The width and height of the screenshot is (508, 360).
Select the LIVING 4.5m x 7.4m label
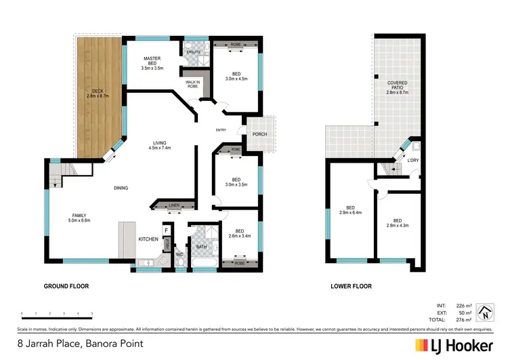coord(161,144)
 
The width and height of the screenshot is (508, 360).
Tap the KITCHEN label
coord(148,239)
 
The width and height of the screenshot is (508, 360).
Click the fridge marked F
coord(165,231)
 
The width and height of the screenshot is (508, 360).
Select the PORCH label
coord(259,134)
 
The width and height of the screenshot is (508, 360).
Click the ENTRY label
coord(221,130)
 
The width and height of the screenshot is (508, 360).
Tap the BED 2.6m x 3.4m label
coord(240,233)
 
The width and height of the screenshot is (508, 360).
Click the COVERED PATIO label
coord(398,86)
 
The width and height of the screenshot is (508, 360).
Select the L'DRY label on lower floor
coord(412,160)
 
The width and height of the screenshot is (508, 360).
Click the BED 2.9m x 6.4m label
coord(350,210)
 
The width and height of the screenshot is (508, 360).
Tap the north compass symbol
coord(485,313)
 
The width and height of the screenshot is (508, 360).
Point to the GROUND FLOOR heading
coord(66,286)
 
